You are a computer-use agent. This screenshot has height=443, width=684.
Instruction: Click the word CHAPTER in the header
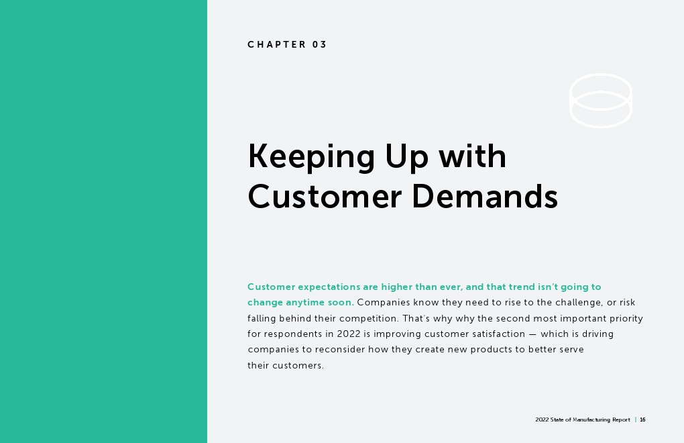[x=277, y=44]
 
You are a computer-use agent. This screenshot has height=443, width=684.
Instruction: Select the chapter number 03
[x=319, y=44]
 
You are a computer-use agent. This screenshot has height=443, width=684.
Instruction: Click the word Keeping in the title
[x=311, y=156]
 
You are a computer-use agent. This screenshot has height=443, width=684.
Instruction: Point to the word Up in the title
[x=406, y=156]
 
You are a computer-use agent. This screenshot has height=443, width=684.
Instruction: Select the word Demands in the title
[x=485, y=197]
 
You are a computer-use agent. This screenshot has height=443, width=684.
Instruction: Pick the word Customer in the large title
[x=325, y=197]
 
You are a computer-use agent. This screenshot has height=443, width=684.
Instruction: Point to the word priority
[x=626, y=319]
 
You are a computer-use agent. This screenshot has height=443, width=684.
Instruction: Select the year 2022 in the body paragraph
[x=349, y=334]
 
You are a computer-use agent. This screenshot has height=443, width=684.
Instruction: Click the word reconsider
[x=340, y=350]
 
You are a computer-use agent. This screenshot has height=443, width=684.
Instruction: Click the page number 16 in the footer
[x=642, y=420]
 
